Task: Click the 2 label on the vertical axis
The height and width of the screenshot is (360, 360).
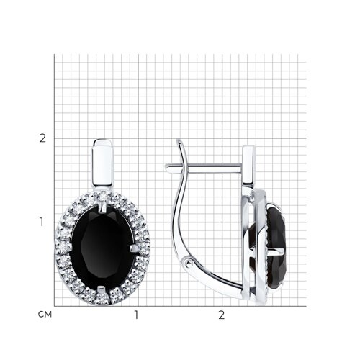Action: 42,138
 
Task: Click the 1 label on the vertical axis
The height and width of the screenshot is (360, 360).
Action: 42,222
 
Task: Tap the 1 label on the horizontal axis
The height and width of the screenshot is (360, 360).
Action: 136,315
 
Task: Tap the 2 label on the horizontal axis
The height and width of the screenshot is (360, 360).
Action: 221,315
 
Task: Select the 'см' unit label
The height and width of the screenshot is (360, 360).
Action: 45,315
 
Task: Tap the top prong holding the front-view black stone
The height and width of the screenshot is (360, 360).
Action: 103,207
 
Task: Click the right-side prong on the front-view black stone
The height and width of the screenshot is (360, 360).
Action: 133,248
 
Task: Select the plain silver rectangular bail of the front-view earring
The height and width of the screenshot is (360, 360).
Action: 102,163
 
